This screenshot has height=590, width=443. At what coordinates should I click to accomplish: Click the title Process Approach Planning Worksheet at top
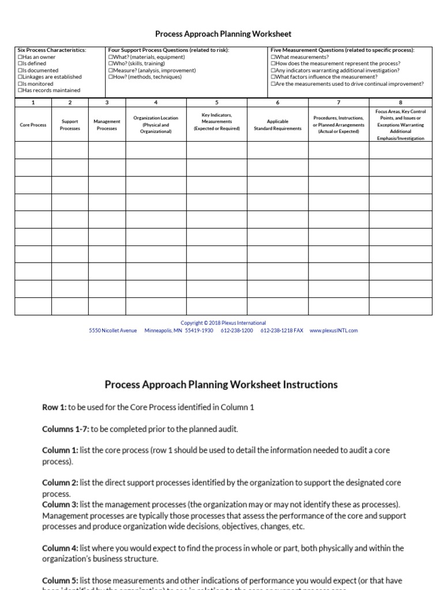(x=223, y=35)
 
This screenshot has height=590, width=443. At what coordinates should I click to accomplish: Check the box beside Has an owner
(x=20, y=57)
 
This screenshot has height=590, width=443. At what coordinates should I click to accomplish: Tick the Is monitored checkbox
(x=20, y=84)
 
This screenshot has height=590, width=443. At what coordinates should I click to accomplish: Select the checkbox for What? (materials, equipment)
(x=110, y=57)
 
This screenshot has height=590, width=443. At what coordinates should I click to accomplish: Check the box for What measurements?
(x=273, y=57)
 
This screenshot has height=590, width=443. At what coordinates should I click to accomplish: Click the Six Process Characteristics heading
(x=52, y=50)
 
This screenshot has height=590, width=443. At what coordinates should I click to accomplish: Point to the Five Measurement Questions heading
(x=342, y=50)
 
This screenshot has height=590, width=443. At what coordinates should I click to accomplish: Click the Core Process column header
(x=33, y=125)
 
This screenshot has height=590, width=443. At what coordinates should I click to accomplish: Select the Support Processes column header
(x=70, y=125)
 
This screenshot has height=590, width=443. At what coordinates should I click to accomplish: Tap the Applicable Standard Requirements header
(x=277, y=125)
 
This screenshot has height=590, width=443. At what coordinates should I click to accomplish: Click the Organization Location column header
(x=156, y=124)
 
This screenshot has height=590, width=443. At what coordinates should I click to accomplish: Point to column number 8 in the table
(x=400, y=103)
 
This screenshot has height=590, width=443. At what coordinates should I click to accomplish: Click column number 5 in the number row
(x=216, y=103)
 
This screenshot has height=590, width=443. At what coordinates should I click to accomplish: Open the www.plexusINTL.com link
(x=333, y=331)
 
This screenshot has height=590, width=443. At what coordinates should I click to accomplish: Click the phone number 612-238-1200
(x=236, y=331)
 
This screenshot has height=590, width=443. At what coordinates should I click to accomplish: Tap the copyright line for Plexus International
(x=223, y=323)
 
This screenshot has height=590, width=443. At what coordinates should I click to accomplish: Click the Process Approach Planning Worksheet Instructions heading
(x=221, y=384)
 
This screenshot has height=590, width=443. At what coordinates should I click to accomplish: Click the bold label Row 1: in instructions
(x=54, y=407)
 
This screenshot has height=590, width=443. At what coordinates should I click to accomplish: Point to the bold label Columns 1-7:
(x=66, y=429)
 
